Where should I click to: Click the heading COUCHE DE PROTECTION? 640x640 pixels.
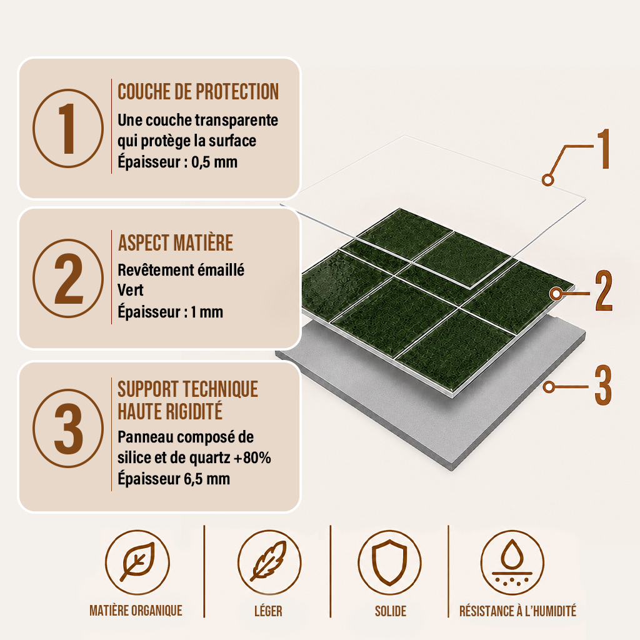click(x=198, y=91)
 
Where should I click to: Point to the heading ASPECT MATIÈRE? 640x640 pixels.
click(x=175, y=243)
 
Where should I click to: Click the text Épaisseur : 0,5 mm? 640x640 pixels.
click(x=177, y=162)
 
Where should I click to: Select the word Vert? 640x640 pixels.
click(x=130, y=290)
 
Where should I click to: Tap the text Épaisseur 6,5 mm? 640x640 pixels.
click(x=174, y=479)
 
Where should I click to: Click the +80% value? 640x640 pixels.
click(x=252, y=458)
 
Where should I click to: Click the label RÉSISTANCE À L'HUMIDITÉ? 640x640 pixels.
click(x=517, y=611)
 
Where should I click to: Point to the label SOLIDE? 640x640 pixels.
click(x=391, y=611)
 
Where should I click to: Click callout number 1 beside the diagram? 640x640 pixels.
click(x=604, y=149)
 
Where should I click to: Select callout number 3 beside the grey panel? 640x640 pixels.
click(x=603, y=385)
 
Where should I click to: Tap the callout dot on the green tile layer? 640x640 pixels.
click(x=555, y=294)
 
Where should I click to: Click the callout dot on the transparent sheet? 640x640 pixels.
click(x=547, y=179)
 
